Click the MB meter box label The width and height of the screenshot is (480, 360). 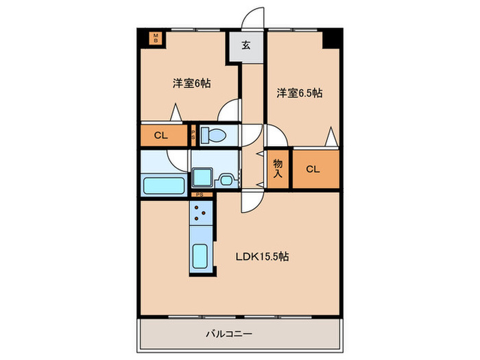coord(156,38)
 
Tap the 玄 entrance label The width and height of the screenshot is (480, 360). coord(245,47)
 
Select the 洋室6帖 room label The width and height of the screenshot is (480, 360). coord(191,84)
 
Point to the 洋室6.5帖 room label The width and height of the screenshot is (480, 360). coord(300,93)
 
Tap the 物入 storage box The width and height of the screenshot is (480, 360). coord(278,169)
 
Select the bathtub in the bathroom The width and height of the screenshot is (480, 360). coord(163,185)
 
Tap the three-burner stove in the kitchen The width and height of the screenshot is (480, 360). coord(201,215)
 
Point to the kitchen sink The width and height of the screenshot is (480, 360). coord(201,256)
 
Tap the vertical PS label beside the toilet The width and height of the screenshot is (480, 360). coord(194,135)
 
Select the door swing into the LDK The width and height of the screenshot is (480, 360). coord(250,200)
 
